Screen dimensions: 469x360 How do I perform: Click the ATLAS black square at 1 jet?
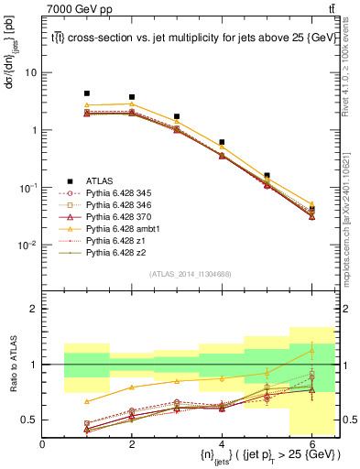pos(87,93)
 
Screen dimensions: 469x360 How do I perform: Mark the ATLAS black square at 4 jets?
pos(222,142)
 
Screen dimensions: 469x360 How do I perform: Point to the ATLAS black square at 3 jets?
pos(177,117)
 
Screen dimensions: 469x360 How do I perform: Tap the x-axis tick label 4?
pos(222,444)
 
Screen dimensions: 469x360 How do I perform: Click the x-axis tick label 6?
pos(311,444)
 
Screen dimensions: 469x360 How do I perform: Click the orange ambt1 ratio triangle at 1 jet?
pos(87,401)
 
